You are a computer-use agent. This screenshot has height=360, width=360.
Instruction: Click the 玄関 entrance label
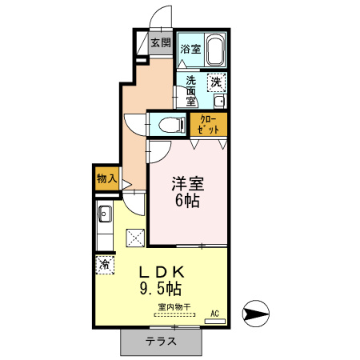pyautogui.click(x=161, y=42)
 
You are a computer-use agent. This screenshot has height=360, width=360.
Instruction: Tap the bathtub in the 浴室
pyautogui.click(x=214, y=50)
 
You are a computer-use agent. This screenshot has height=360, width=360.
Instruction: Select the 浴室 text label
pyautogui.click(x=190, y=50)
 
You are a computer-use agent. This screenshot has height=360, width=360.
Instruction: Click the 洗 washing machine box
pyautogui.click(x=216, y=81)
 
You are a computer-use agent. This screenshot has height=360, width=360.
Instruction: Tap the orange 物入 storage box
pyautogui.click(x=105, y=177)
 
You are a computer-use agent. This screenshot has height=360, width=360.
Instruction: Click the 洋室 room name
pyautogui.click(x=189, y=183)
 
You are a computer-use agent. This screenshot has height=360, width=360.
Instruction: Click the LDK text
pyautogui.click(x=163, y=271)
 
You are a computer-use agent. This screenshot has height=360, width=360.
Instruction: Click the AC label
pyautogui.click(x=214, y=313)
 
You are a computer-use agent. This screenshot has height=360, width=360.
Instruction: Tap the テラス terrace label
pyautogui.click(x=161, y=342)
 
